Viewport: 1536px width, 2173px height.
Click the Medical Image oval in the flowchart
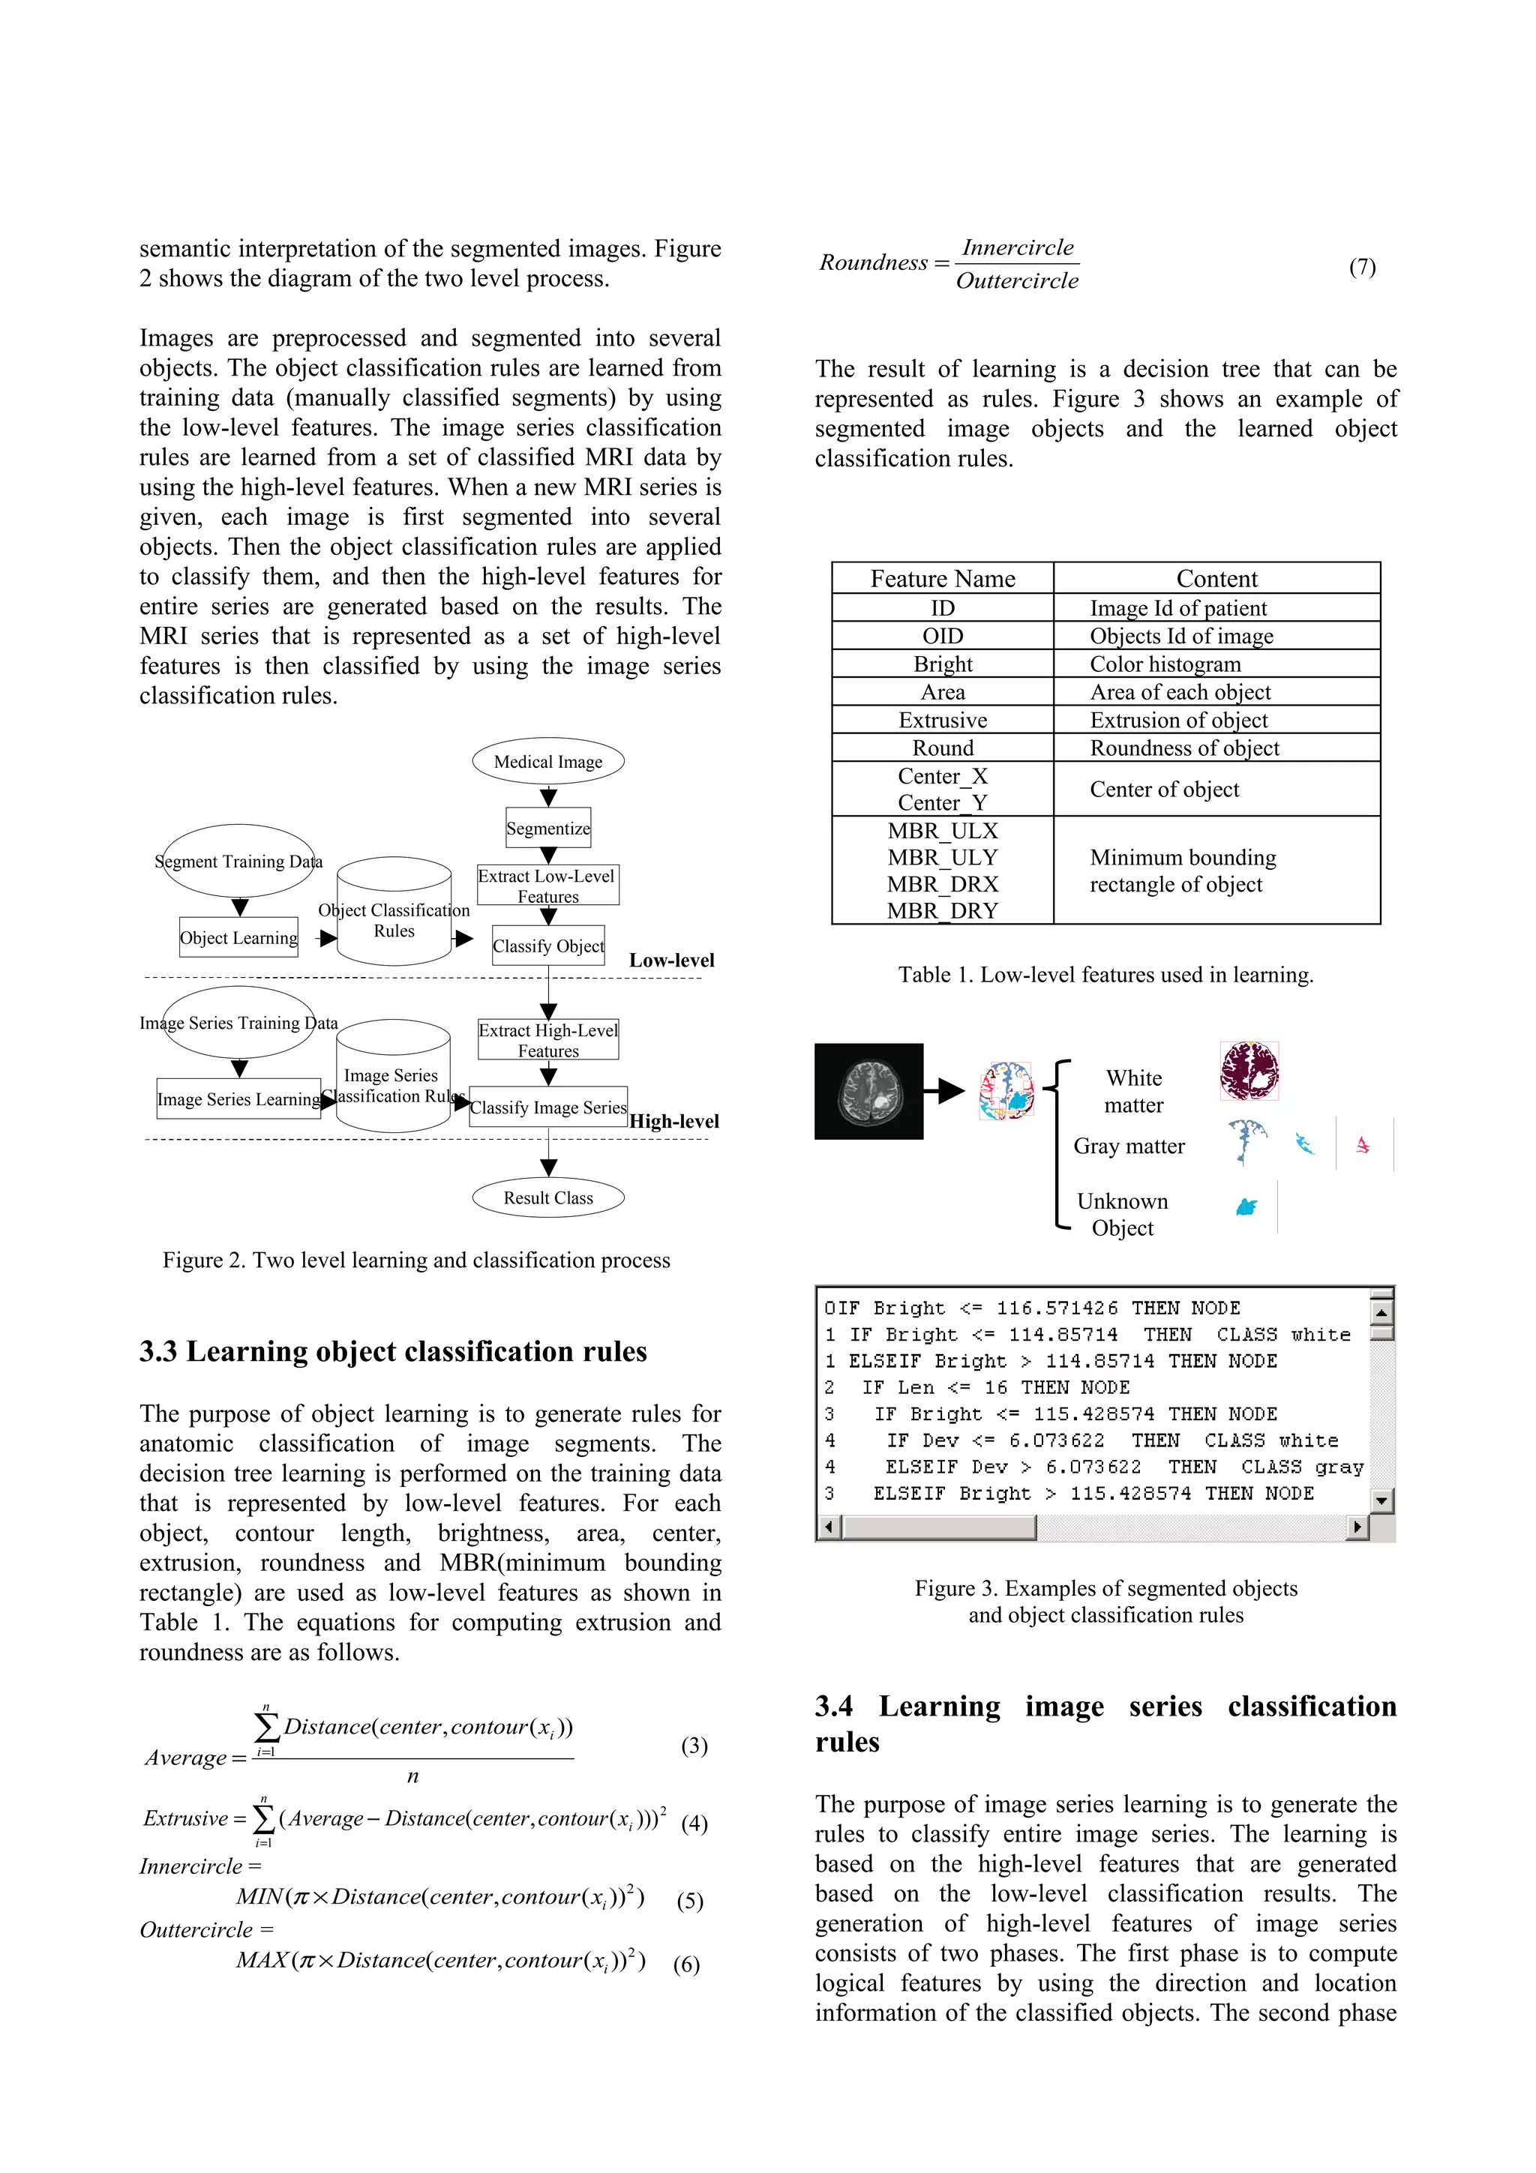tap(548, 762)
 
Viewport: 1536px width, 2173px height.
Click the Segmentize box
tap(548, 828)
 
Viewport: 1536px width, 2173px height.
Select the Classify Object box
tap(548, 946)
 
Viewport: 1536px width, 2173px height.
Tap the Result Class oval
tap(548, 1198)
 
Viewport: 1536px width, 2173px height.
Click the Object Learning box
tap(238, 938)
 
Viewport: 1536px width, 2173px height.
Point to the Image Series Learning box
tap(238, 1098)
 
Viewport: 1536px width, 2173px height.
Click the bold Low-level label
tap(671, 961)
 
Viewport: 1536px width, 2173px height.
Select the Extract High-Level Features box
tap(548, 1040)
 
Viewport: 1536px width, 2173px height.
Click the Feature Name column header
tap(943, 579)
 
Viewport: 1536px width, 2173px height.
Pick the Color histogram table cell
tap(1165, 664)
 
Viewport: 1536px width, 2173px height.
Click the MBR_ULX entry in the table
tap(943, 831)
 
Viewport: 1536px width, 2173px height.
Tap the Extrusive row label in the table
tap(943, 721)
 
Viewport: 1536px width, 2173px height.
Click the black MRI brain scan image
tap(868, 1091)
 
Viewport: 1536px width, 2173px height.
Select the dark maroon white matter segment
tap(1249, 1071)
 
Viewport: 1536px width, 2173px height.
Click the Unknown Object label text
tap(1123, 1214)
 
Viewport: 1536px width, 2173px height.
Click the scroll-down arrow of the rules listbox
tap(1381, 1501)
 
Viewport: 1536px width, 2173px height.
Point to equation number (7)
tap(1362, 267)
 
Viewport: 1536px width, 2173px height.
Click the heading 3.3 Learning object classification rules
tap(393, 1351)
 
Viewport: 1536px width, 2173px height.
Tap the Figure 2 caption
tap(416, 1260)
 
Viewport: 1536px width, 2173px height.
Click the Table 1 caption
tap(1105, 975)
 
